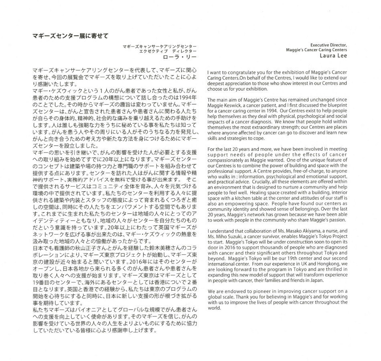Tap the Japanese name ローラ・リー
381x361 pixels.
click(182, 57)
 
